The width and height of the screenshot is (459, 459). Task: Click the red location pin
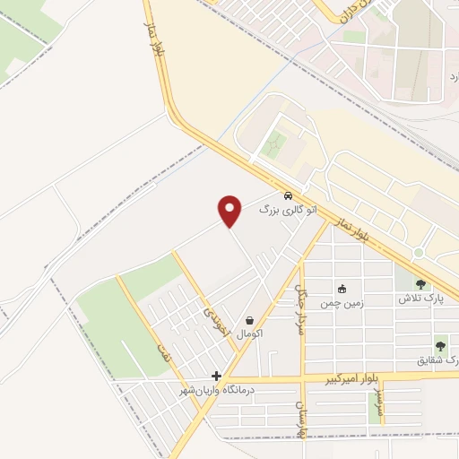[230, 211]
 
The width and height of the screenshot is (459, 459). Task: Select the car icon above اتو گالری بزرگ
[287, 195]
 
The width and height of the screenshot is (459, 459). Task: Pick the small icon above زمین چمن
[341, 289]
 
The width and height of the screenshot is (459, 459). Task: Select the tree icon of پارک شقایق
[439, 345]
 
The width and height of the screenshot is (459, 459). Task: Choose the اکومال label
[248, 333]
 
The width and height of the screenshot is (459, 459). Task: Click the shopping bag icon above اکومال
[248, 320]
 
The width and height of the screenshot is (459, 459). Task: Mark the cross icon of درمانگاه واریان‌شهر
[215, 377]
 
